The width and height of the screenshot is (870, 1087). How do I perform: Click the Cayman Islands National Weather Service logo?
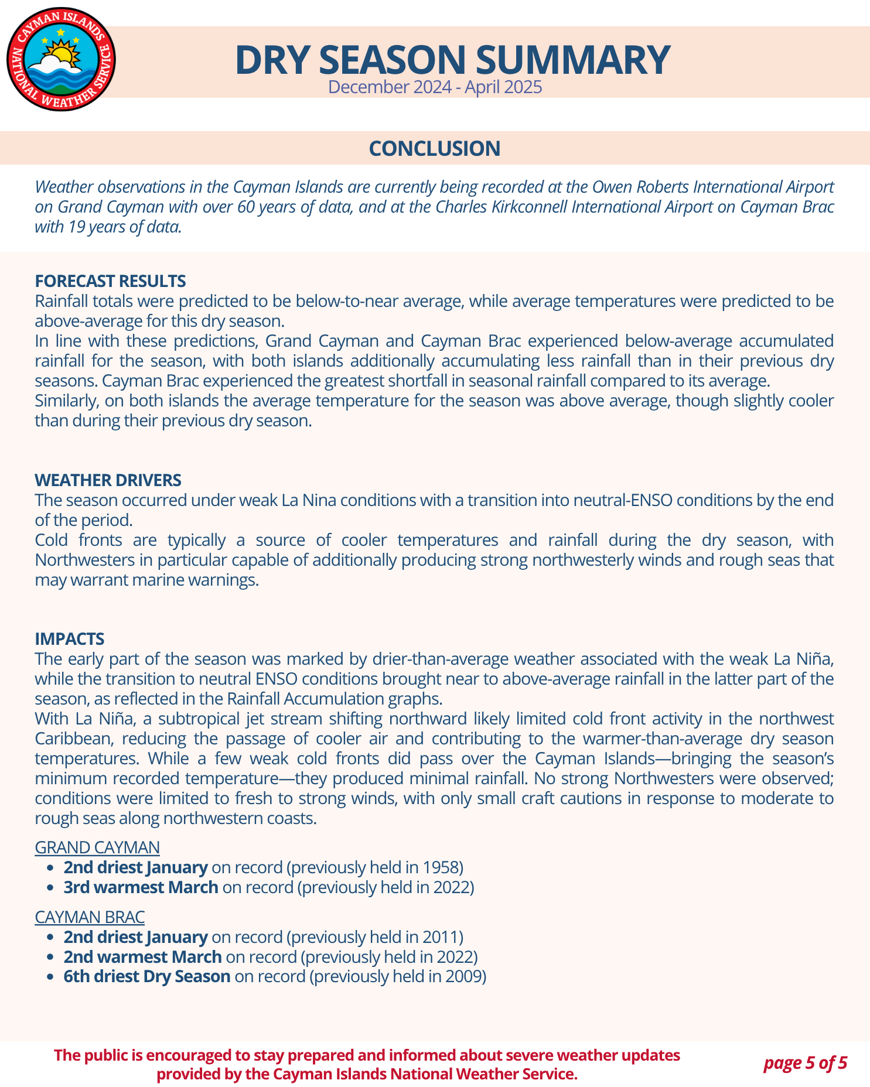pyautogui.click(x=61, y=59)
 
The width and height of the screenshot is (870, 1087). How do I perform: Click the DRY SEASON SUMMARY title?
pyautogui.click(x=452, y=59)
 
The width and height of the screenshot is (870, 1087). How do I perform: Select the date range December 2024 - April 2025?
pyautogui.click(x=435, y=87)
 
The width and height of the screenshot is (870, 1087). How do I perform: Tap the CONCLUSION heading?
pyautogui.click(x=434, y=149)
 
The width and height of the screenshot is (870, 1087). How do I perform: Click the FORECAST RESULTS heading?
pyautogui.click(x=110, y=281)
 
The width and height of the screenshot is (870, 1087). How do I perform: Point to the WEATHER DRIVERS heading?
pyautogui.click(x=108, y=480)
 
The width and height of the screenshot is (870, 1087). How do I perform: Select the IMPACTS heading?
pyautogui.click(x=69, y=638)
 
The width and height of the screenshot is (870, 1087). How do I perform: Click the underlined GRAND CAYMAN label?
pyautogui.click(x=97, y=847)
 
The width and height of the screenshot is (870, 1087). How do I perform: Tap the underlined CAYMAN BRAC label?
pyautogui.click(x=90, y=917)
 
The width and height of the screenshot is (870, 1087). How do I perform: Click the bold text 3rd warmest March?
pyautogui.click(x=141, y=887)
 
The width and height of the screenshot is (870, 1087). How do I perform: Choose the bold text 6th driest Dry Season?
pyautogui.click(x=147, y=976)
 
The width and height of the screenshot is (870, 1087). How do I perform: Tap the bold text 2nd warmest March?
pyautogui.click(x=142, y=957)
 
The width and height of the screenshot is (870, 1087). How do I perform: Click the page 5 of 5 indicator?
pyautogui.click(x=805, y=1062)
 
